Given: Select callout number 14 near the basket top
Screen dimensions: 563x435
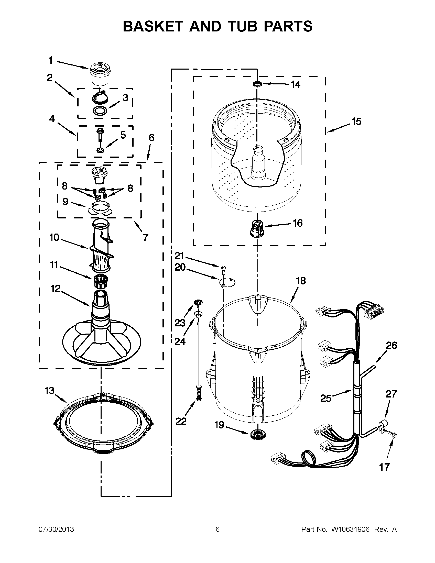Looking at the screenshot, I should (295, 85).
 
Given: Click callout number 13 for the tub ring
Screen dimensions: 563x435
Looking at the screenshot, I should (49, 391).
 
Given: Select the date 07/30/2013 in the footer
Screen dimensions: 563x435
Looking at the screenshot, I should (56, 529).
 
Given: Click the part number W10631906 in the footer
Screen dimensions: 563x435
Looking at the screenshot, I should (350, 529).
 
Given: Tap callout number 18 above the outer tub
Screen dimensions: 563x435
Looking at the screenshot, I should (301, 281).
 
